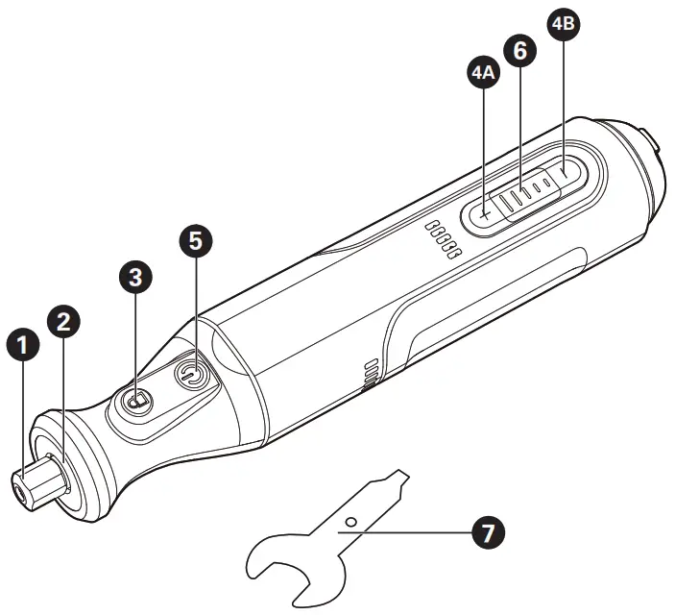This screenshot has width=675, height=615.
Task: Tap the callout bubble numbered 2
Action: pos(63,321)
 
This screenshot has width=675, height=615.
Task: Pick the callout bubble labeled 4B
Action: pos(562,26)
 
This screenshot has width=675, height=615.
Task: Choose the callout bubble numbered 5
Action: pos(195,240)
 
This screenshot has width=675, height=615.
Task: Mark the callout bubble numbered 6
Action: pos(519,51)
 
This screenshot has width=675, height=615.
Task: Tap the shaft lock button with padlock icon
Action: pos(137,399)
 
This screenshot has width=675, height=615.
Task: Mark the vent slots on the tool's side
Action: pos(370,376)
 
